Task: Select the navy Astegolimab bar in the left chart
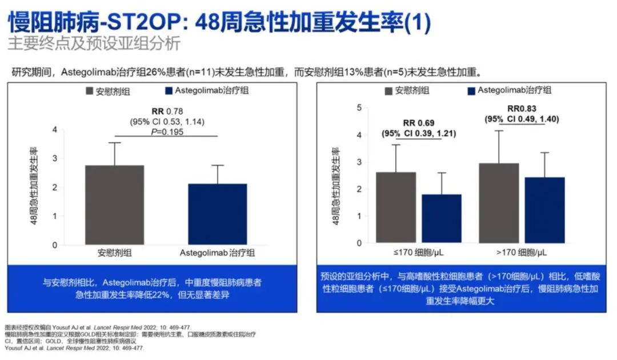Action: point(218,214)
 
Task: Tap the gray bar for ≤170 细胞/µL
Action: point(396,207)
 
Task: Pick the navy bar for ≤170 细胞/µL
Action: point(442,218)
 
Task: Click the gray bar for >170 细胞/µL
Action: point(499,203)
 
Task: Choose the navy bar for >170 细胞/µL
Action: point(544,210)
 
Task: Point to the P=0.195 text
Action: point(167,132)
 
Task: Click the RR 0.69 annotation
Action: point(418,123)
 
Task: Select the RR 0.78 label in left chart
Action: point(167,111)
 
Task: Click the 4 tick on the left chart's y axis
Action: point(55,130)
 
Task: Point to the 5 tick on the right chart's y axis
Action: point(360,107)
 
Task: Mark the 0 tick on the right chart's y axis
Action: point(360,243)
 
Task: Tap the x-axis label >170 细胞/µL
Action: point(522,252)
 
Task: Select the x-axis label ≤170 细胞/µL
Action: point(418,252)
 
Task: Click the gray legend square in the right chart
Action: point(388,91)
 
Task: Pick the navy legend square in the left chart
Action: point(168,91)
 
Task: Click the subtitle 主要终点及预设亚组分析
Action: point(94,43)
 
